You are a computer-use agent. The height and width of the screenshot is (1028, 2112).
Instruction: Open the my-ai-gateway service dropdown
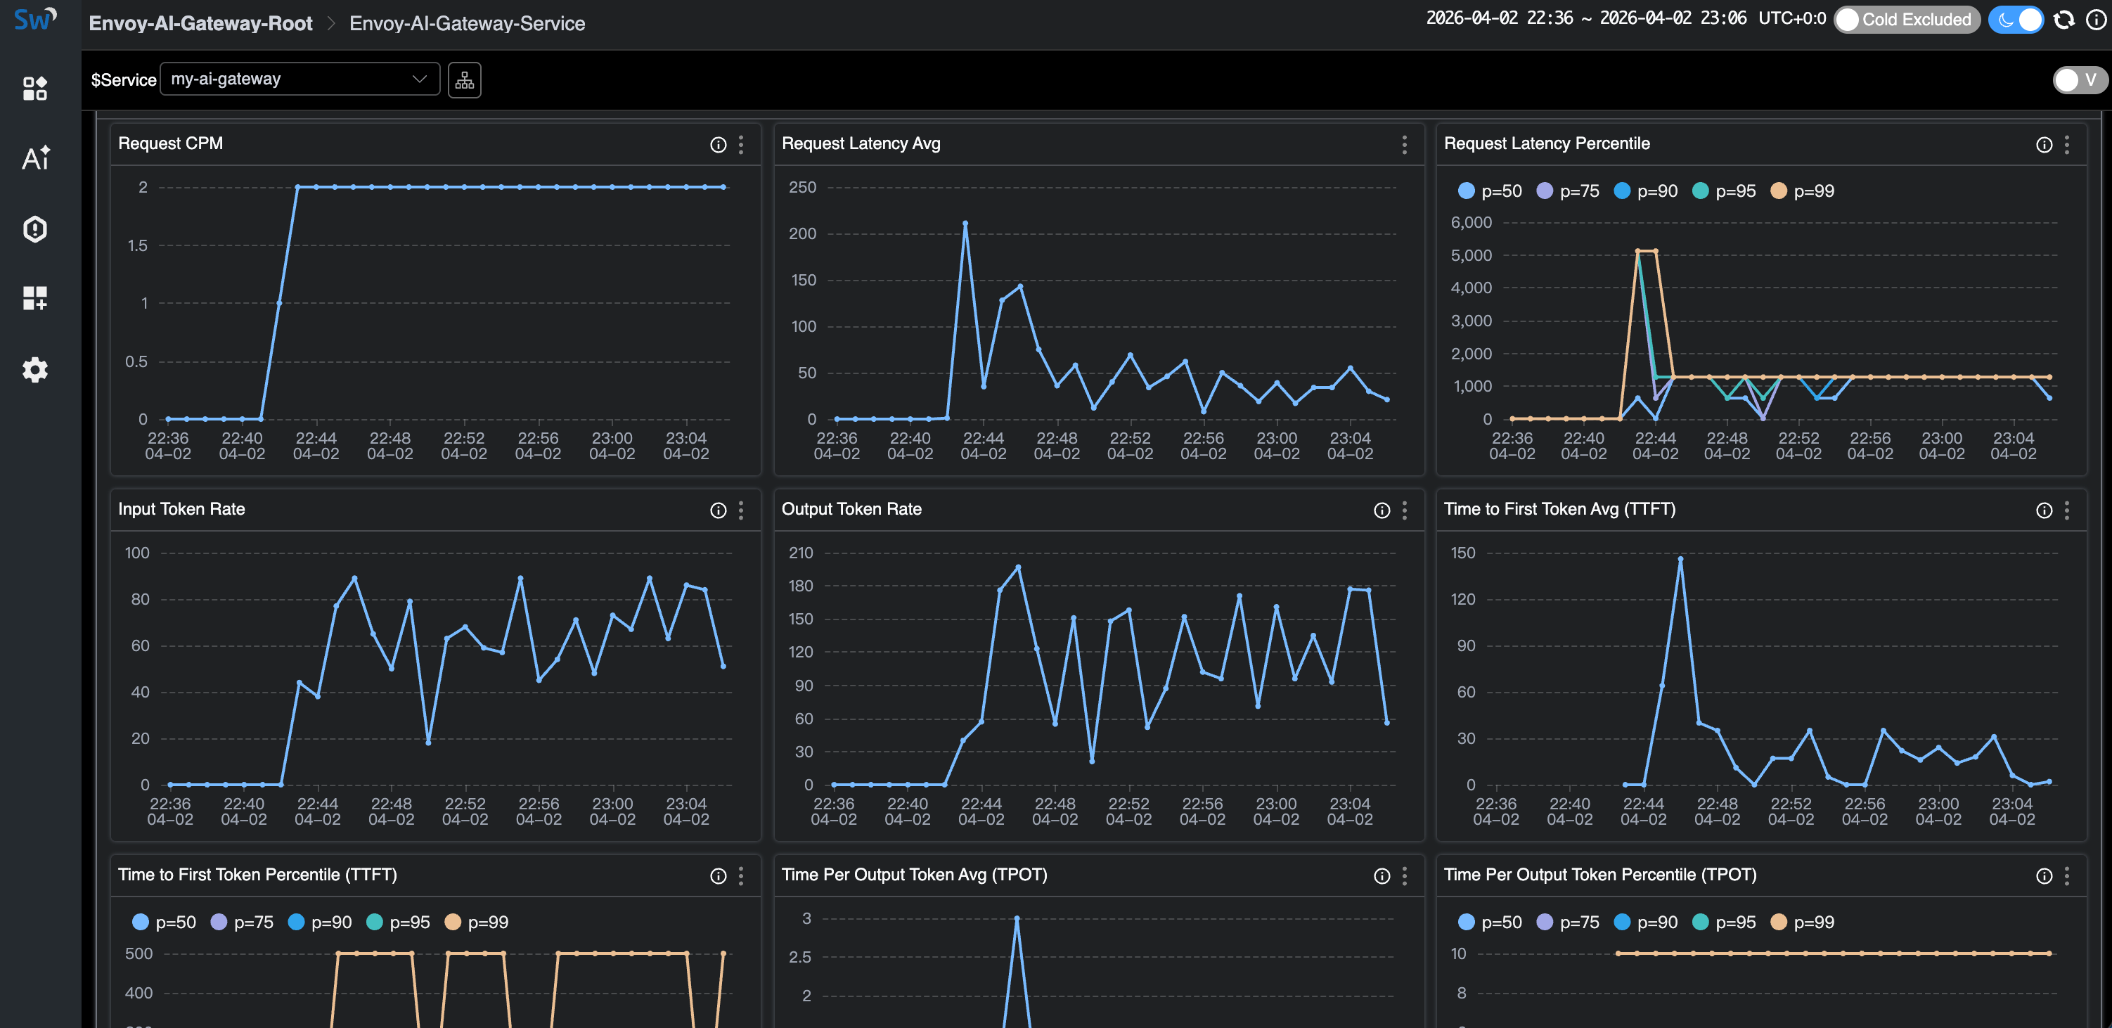(300, 79)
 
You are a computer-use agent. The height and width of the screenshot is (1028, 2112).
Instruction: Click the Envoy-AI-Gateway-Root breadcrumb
(200, 23)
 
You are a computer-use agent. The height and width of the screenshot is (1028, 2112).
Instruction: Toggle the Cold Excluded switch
(1905, 20)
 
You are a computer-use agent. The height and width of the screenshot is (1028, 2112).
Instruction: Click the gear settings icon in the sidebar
(34, 370)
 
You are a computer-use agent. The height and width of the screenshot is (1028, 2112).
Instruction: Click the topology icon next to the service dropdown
(464, 80)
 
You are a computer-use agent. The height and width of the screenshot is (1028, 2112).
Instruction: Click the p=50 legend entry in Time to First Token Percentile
(164, 923)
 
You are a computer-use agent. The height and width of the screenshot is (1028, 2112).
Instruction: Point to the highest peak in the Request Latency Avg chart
(965, 223)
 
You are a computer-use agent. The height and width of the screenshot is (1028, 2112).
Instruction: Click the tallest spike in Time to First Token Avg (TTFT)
(1680, 559)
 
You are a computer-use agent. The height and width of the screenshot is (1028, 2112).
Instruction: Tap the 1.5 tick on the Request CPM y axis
(137, 245)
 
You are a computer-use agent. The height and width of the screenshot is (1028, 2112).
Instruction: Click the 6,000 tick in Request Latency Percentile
(1471, 222)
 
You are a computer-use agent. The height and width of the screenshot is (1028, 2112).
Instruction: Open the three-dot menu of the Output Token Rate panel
(1405, 510)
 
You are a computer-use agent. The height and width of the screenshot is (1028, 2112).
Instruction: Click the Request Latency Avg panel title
(860, 143)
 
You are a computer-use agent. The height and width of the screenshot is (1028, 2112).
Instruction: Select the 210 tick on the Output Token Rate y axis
(800, 553)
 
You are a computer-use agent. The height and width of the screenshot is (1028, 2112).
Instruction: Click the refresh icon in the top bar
(2063, 20)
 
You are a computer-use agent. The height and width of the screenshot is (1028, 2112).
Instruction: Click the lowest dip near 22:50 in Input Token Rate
(428, 742)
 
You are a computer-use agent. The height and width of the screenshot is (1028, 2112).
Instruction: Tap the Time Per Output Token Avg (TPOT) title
(913, 875)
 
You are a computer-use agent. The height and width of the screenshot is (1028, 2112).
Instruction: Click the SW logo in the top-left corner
(34, 20)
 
